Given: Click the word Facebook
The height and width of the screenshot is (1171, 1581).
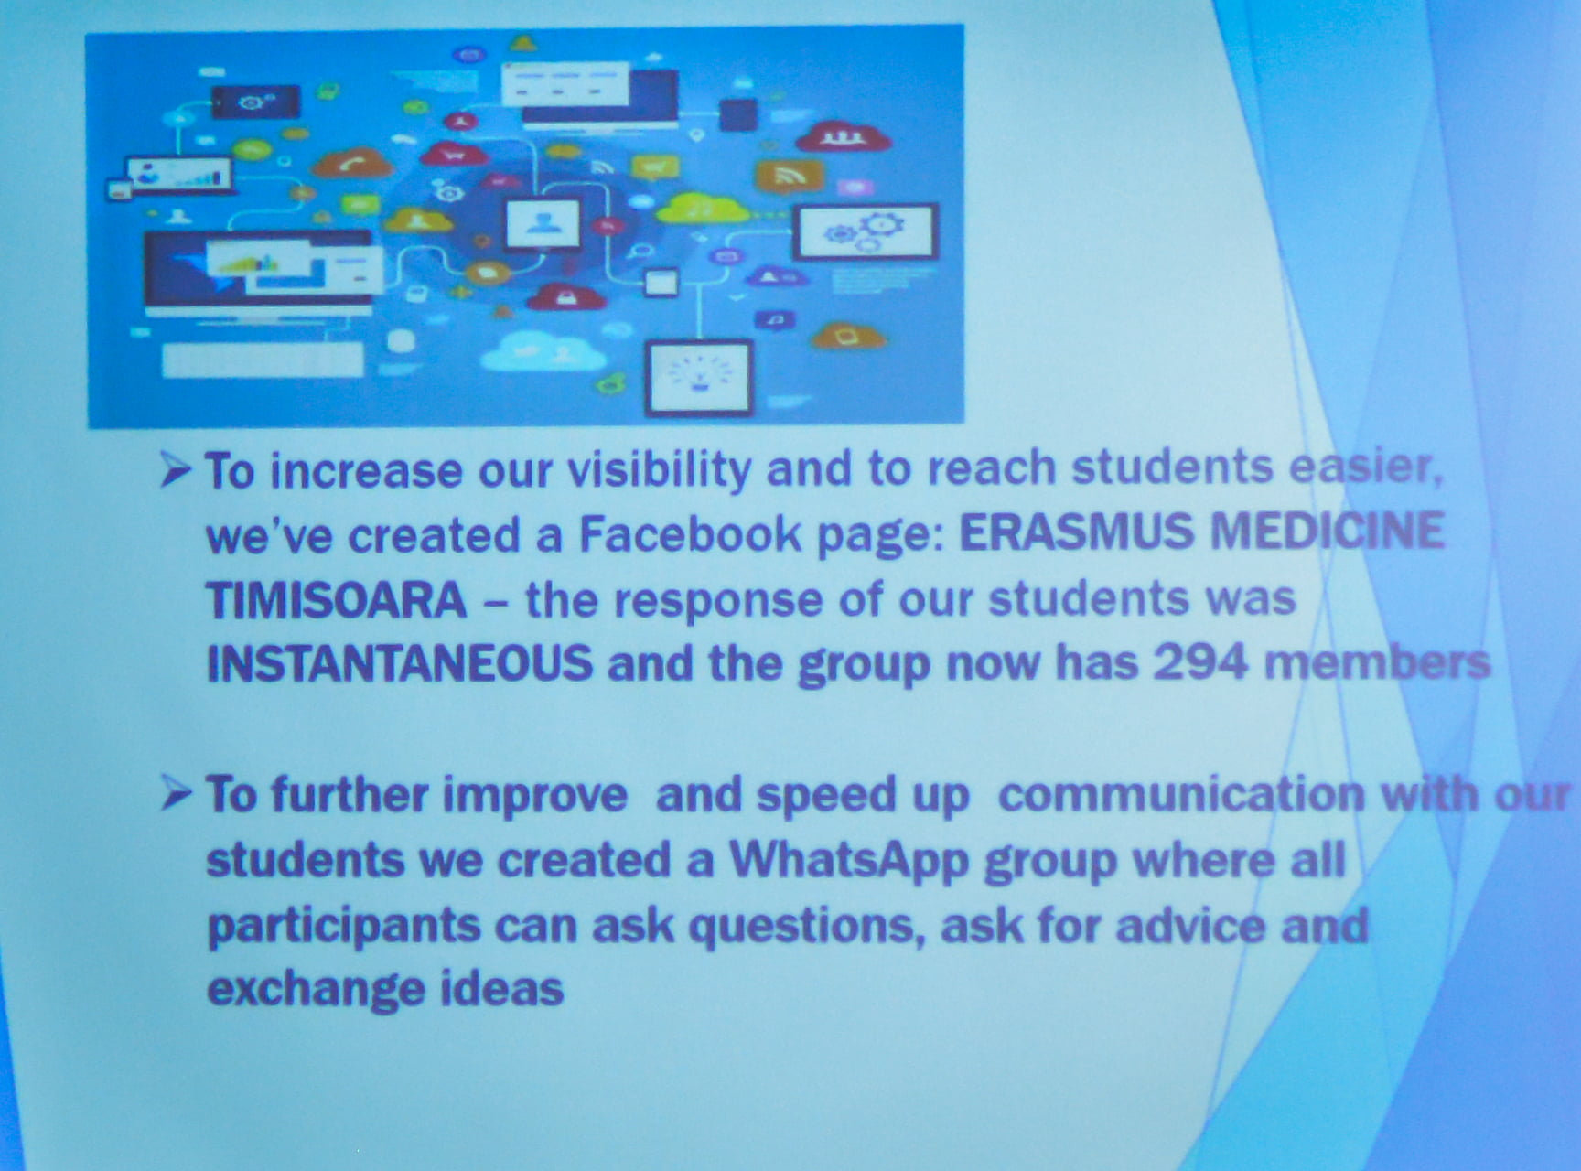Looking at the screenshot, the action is [690, 533].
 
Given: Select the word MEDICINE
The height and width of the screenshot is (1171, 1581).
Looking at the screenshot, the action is [1328, 531].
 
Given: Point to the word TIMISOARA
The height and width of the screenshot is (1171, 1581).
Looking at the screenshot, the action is [336, 600].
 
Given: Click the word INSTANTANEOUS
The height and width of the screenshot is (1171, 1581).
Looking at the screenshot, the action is [400, 663].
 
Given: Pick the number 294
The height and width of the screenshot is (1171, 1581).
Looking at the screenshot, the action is [1200, 661].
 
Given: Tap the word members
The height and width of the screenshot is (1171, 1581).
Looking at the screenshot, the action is [1378, 661].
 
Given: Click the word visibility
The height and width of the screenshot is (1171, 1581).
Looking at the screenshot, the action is [659, 470].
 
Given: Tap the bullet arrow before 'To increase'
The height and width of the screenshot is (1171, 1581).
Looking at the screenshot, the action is [176, 471].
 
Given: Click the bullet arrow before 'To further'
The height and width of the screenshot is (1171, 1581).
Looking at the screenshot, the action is [176, 793].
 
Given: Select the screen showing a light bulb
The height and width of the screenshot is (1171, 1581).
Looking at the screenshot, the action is [699, 375].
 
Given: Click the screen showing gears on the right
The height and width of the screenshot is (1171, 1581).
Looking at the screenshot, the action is [866, 231].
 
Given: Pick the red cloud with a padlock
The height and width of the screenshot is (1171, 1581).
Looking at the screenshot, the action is [566, 295].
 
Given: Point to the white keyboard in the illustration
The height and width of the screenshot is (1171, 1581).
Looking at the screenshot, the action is [263, 360].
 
